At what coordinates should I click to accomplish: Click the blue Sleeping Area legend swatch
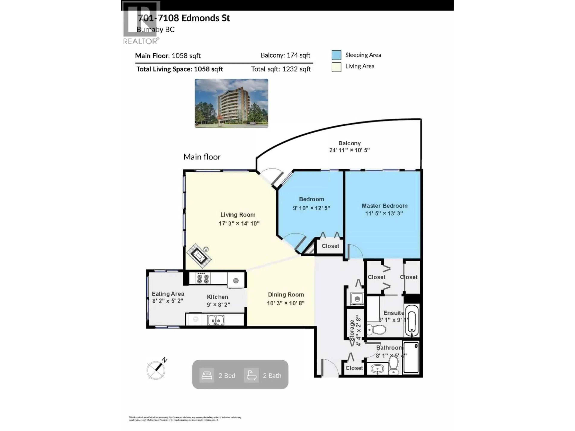[336, 55]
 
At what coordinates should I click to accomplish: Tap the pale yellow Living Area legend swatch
[336, 67]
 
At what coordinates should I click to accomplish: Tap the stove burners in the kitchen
[203, 278]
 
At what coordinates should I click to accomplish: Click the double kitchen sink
[215, 320]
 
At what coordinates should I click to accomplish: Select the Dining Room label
[286, 295]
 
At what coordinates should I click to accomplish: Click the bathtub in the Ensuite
[412, 321]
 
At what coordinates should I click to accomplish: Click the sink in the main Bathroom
[377, 369]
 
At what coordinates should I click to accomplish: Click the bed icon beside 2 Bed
[207, 375]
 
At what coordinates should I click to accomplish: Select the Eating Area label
[168, 294]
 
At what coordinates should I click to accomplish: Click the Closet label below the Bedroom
[330, 246]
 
